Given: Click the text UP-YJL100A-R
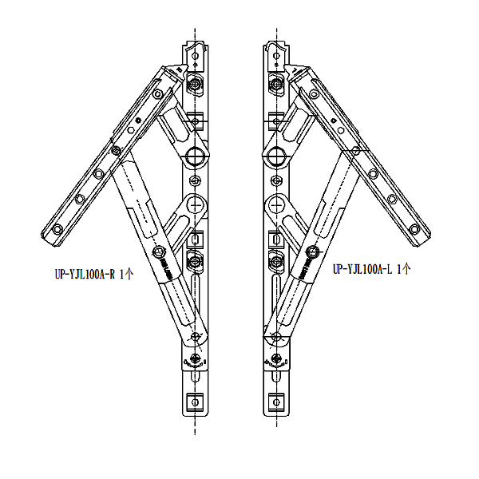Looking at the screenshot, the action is pos(85,274).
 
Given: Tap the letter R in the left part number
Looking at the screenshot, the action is pos(113,274).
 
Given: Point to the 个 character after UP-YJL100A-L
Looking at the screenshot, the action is pos(406,269).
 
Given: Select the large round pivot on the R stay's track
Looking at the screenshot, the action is pos(195,156).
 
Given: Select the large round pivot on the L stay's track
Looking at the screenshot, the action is pos(276,156).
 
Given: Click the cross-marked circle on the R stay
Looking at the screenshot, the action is pos(196,204).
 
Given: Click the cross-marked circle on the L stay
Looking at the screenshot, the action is pos(275,204).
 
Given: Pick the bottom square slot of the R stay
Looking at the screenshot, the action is pos(196,402).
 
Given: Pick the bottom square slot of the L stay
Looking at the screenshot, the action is pos(276,402).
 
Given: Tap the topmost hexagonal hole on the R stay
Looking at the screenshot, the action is pos(196,56).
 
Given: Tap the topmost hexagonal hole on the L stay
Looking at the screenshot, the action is pos(276,56).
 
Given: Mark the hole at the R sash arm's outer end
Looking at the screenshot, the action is pos(57,229).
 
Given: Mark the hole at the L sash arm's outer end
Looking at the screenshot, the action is pos(414,229).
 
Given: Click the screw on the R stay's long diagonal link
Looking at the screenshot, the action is pos(159,252).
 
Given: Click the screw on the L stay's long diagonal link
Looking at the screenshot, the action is pos(312,252).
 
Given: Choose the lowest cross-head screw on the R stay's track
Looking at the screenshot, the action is pos(196,358).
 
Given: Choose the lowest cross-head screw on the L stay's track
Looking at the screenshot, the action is pos(276,358).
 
